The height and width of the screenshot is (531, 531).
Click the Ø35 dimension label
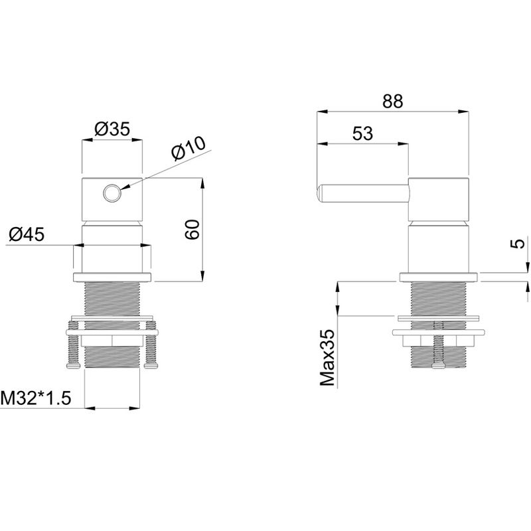(112, 129)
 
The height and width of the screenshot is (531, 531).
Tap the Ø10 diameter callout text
(189, 148)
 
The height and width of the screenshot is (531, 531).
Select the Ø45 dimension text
(27, 234)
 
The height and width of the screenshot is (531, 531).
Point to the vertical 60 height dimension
(192, 229)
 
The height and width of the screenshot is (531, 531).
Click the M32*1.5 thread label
(36, 398)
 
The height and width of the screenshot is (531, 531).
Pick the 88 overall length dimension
(392, 101)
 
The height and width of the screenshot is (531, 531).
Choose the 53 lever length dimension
(362, 133)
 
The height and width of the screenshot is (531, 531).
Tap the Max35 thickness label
(327, 358)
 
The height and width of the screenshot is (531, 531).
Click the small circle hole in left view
(112, 193)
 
